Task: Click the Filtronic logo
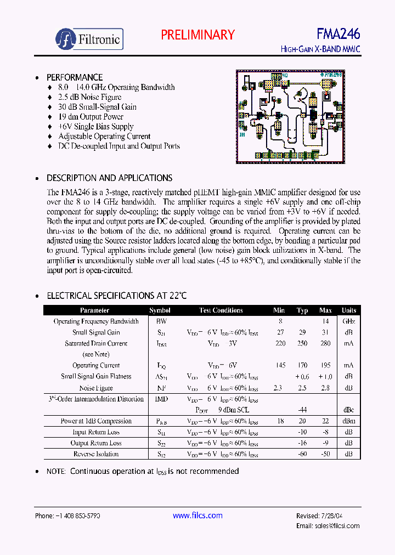pos(89,39)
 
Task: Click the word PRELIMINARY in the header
pos(198,35)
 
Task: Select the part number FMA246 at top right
pos(338,34)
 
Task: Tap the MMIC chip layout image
pos(290,116)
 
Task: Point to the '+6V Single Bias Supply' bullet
pos(96,127)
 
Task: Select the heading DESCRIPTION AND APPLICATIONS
pos(109,178)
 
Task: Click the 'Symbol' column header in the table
pos(160,310)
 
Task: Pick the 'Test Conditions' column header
pos(221,310)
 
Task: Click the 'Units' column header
pos(349,310)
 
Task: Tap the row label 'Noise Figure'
pos(96,388)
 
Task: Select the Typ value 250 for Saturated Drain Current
pos(302,344)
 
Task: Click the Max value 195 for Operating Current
pos(325,366)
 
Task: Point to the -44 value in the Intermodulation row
pos(302,410)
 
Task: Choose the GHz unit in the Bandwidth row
pos(349,322)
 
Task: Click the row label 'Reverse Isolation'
pos(96,454)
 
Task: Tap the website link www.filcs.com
pos(198,516)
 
